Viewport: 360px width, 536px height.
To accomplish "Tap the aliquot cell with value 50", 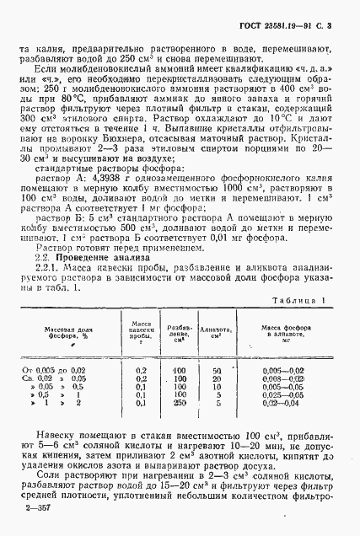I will [x=217, y=370].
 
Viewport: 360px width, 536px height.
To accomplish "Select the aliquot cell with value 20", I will [x=217, y=379].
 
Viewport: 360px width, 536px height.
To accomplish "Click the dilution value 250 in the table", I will [x=178, y=402].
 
